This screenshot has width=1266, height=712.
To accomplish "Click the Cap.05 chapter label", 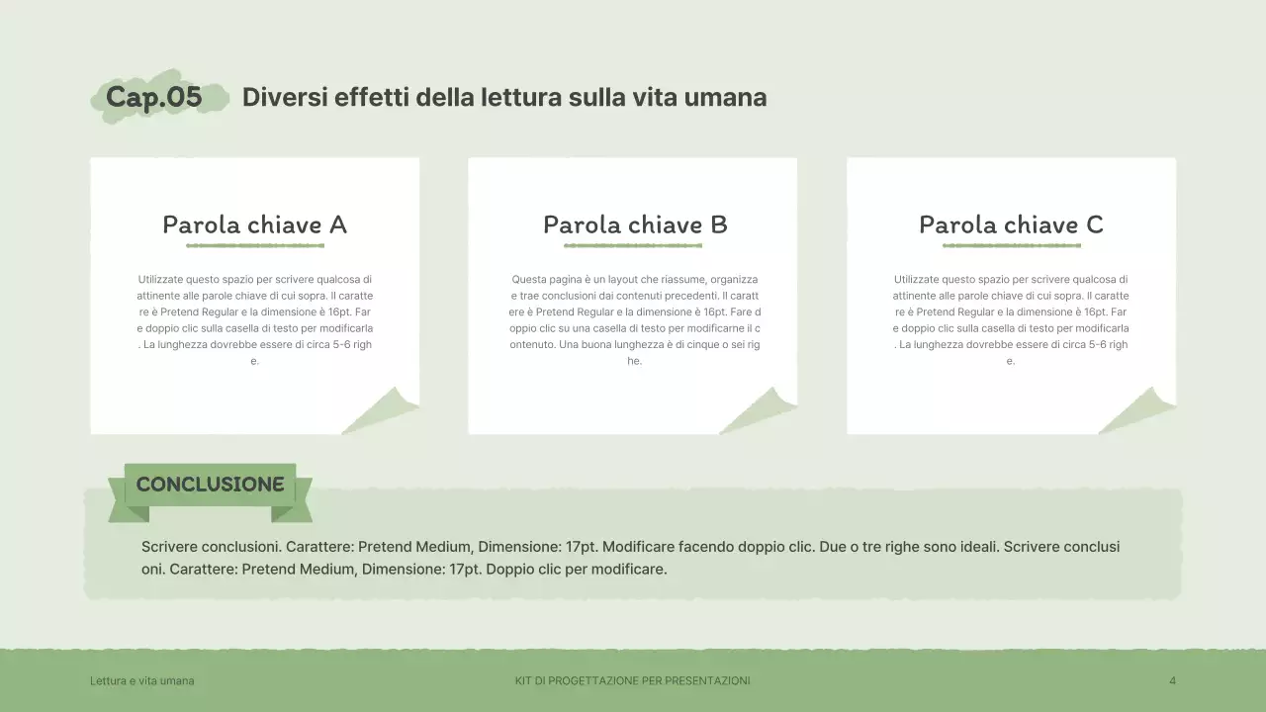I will coord(154,97).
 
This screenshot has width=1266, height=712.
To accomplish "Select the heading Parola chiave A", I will coord(254,224).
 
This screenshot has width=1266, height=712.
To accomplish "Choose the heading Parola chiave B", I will coord(635,224).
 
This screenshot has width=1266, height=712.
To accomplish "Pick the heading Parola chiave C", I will coord(1011,224).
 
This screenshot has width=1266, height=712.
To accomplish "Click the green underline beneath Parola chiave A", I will coord(254,245).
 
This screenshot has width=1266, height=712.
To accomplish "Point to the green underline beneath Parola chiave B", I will coord(633,245).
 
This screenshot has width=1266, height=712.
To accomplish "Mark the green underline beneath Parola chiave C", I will coord(1011,245).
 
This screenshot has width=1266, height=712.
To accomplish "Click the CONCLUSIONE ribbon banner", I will coord(210,485).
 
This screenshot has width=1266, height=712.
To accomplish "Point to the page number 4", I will coord(1172,680).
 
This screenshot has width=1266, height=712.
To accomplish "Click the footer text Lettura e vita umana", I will coord(141,680).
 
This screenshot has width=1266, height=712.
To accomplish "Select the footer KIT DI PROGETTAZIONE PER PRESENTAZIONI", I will coord(632,680).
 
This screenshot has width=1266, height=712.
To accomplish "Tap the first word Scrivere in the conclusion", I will coord(171,547).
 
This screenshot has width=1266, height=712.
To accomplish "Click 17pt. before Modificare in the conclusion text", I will coord(581,547).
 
